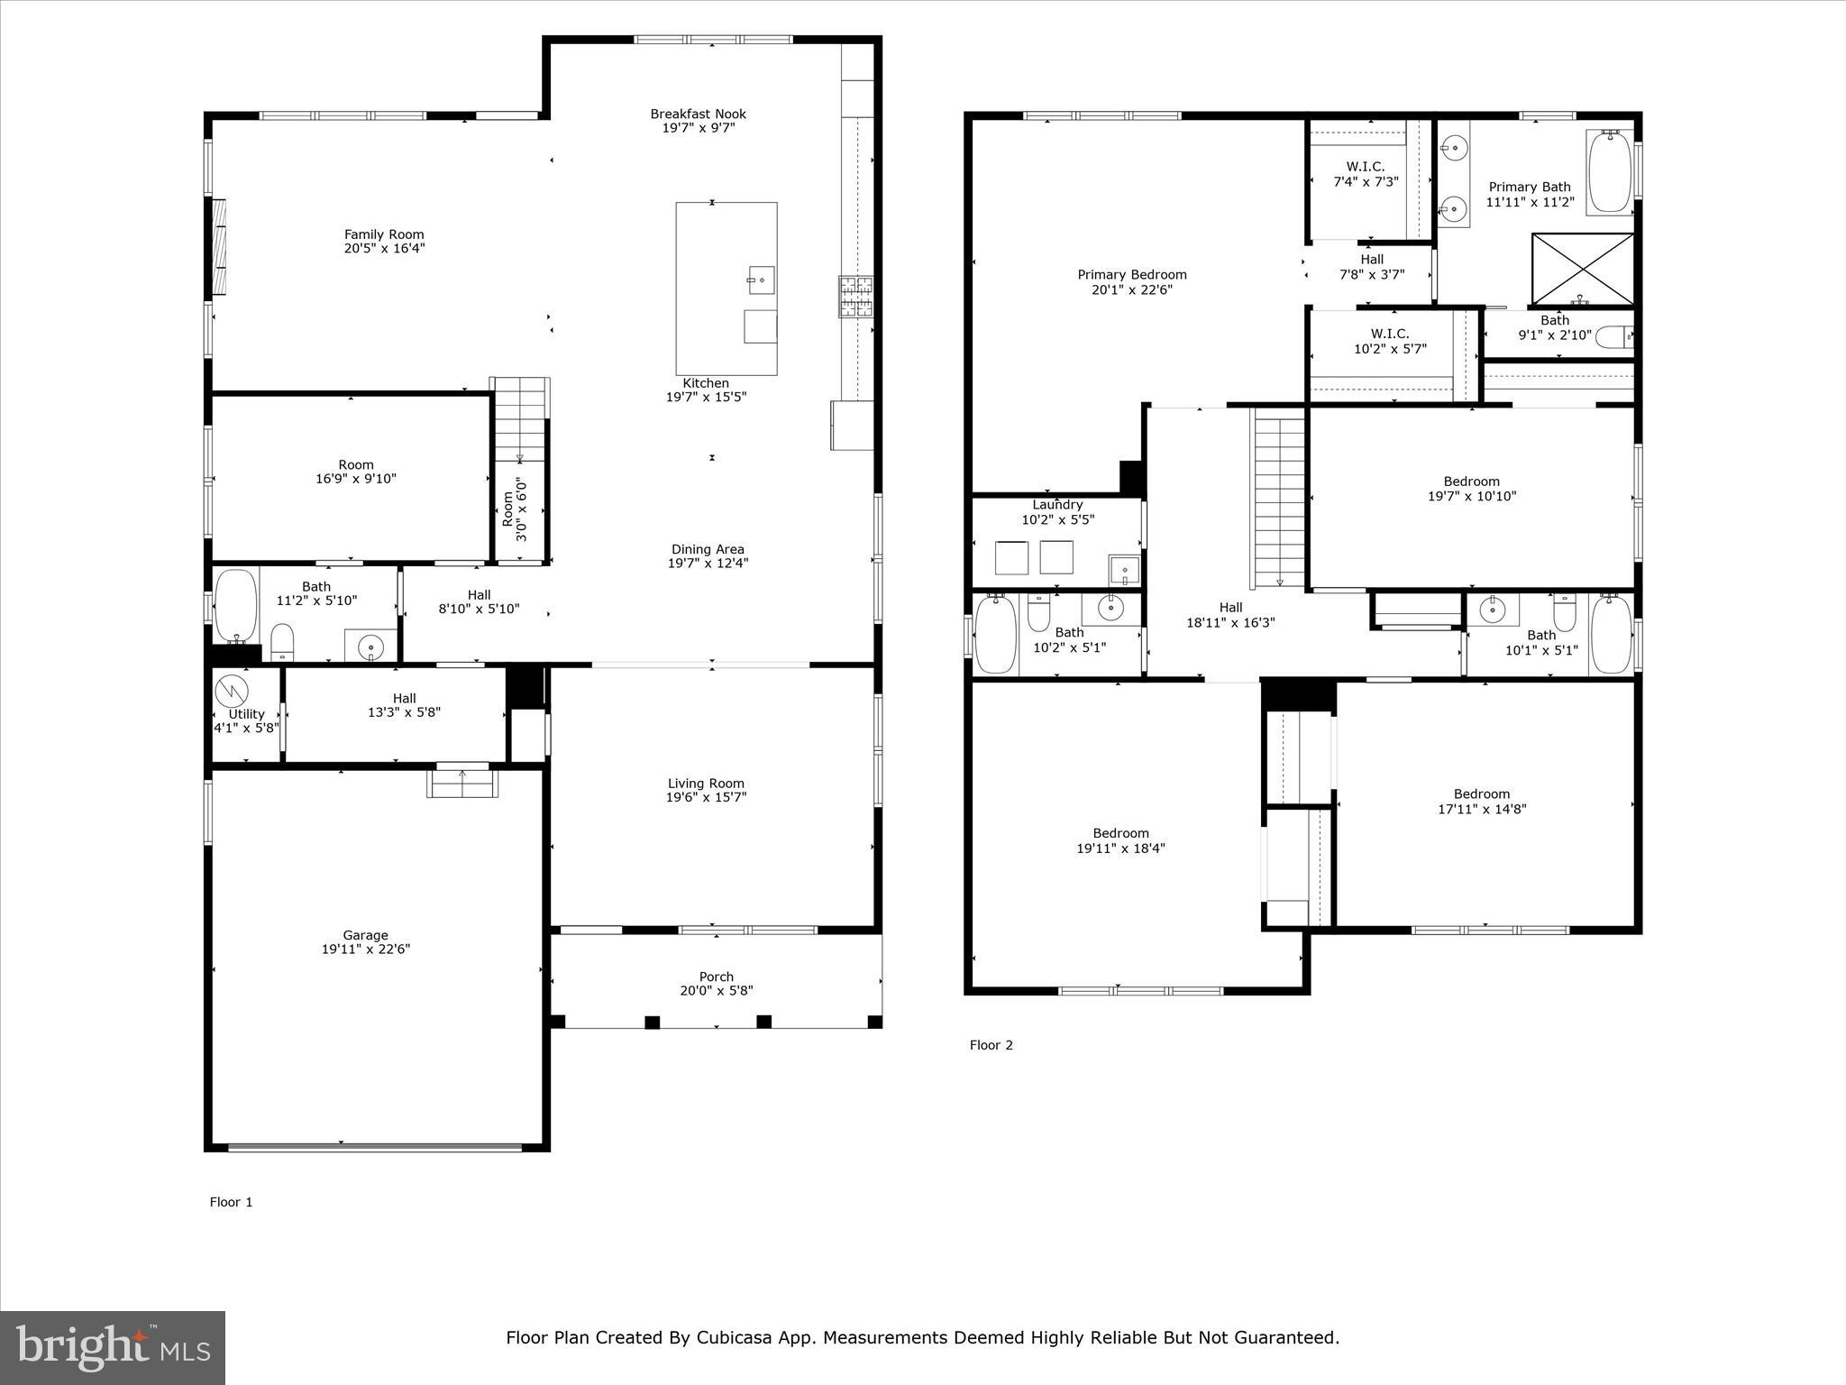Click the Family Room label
384,234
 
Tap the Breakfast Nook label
699,114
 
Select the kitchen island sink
761,280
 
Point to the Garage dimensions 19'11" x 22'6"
366,949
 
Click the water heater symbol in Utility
232,691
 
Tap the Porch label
717,977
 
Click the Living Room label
706,784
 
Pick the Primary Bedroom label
1132,275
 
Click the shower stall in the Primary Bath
1583,269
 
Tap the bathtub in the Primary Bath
1610,171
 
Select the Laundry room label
1057,505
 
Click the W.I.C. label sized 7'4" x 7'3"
1366,167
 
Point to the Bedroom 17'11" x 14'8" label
1482,794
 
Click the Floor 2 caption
992,1045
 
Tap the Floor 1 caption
232,1202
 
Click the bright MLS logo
113,1348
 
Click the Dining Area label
708,549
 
